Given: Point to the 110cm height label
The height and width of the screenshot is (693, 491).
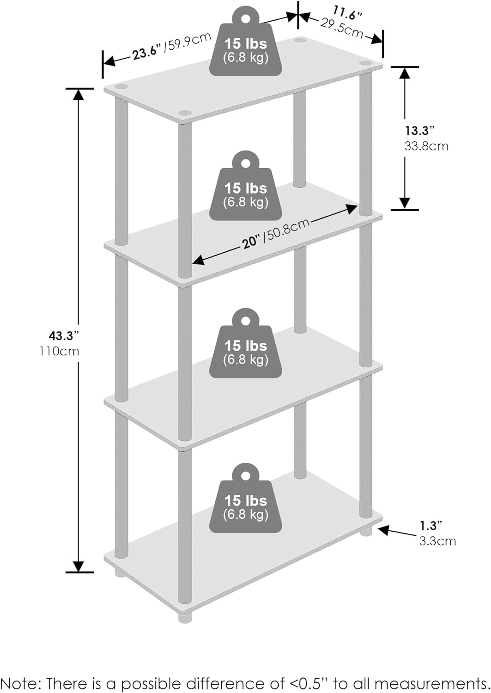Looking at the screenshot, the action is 60,351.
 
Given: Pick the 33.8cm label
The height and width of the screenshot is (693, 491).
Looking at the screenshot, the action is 426,146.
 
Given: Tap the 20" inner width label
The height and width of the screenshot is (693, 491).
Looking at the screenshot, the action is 252,242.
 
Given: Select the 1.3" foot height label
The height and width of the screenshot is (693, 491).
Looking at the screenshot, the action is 430,525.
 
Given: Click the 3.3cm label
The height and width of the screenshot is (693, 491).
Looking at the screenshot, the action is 437,541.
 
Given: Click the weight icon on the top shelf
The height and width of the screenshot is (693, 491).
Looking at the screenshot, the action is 246,42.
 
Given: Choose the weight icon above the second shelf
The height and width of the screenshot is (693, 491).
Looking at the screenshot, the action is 246,186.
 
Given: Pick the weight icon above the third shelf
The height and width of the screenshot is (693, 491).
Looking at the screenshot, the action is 246,343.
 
